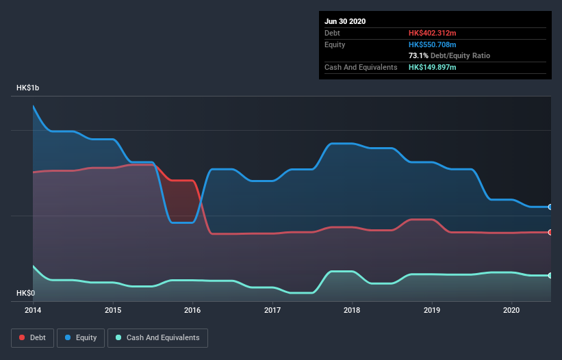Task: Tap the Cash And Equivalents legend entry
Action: pyautogui.click(x=157, y=337)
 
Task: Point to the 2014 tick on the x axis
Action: pyautogui.click(x=34, y=310)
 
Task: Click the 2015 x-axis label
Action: pyautogui.click(x=113, y=310)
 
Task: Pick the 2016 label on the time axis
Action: pyautogui.click(x=193, y=310)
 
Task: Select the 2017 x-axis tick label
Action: pyautogui.click(x=272, y=310)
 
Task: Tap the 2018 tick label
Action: pyautogui.click(x=353, y=310)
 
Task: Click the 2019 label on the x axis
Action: pyautogui.click(x=432, y=310)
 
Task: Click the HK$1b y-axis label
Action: pyautogui.click(x=28, y=88)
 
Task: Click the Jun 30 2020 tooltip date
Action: pyautogui.click(x=345, y=21)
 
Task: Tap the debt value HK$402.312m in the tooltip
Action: pyautogui.click(x=433, y=33)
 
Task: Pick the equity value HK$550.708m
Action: pyautogui.click(x=433, y=44)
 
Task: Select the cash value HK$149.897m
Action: pyautogui.click(x=433, y=67)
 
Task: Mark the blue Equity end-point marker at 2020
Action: pyautogui.click(x=550, y=207)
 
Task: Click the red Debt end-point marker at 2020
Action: pyautogui.click(x=550, y=232)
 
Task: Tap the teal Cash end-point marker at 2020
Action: pyautogui.click(x=550, y=275)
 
